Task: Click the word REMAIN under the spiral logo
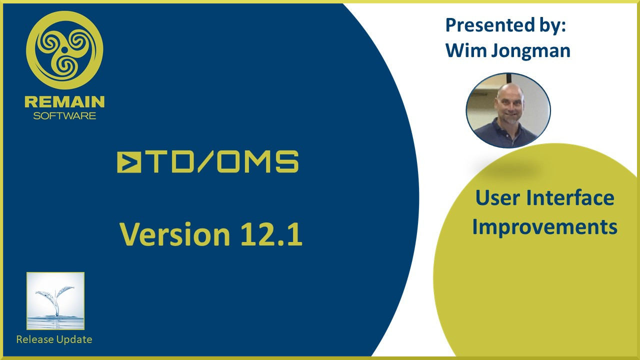click(x=64, y=101)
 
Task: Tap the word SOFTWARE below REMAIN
click(x=64, y=115)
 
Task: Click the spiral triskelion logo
click(x=64, y=50)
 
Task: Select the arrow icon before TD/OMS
click(x=129, y=162)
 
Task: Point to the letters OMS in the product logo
click(x=257, y=162)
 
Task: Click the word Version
click(x=175, y=234)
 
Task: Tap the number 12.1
click(x=271, y=234)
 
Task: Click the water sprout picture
click(x=55, y=301)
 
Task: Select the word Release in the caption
click(x=35, y=339)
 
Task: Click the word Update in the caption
click(x=74, y=340)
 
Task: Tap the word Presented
click(x=490, y=25)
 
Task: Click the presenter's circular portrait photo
click(x=508, y=110)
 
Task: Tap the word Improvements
click(x=544, y=227)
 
